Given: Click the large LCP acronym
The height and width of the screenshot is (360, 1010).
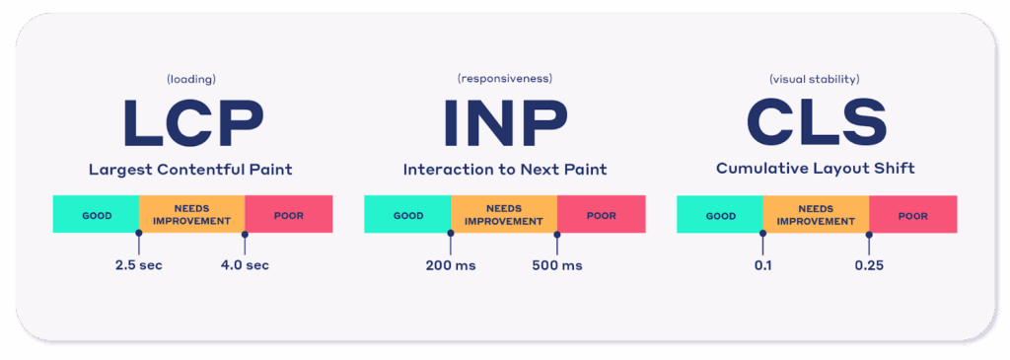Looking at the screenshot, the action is click(x=192, y=122).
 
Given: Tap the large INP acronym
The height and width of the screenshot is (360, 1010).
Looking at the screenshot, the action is click(x=504, y=122).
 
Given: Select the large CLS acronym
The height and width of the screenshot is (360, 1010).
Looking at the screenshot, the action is click(x=816, y=122).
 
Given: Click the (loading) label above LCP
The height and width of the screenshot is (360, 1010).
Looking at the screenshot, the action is click(x=192, y=79).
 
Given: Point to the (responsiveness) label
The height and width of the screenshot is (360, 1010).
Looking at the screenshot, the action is click(x=505, y=79).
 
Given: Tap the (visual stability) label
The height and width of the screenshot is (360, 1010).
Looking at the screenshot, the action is click(x=816, y=79).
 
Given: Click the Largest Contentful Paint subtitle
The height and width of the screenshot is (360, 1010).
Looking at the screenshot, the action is click(x=190, y=170).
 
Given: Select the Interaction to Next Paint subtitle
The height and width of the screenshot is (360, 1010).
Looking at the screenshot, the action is click(x=505, y=170).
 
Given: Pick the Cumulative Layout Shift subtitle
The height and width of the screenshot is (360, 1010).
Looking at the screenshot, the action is click(x=816, y=169).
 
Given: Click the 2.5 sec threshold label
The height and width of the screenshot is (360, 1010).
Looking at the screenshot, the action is click(x=138, y=265).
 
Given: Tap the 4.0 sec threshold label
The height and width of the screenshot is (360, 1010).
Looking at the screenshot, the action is click(x=245, y=265).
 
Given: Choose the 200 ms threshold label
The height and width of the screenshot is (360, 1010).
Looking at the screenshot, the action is click(x=450, y=265).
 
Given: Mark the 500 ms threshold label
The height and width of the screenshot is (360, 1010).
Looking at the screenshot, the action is click(x=557, y=265).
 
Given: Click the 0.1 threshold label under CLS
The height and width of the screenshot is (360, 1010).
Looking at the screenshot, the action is click(x=762, y=265).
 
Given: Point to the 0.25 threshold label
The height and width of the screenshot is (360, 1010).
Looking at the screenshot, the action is click(x=869, y=265).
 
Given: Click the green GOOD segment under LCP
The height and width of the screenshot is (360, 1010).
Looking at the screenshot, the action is click(x=96, y=214).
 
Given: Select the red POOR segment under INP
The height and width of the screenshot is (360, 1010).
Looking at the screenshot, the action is click(x=601, y=214).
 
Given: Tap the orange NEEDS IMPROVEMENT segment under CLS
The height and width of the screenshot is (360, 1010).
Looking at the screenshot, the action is click(x=816, y=214).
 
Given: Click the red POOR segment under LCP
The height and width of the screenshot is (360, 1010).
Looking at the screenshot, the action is click(x=289, y=214).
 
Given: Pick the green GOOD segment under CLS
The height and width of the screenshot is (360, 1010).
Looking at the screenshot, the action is click(x=720, y=214).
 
